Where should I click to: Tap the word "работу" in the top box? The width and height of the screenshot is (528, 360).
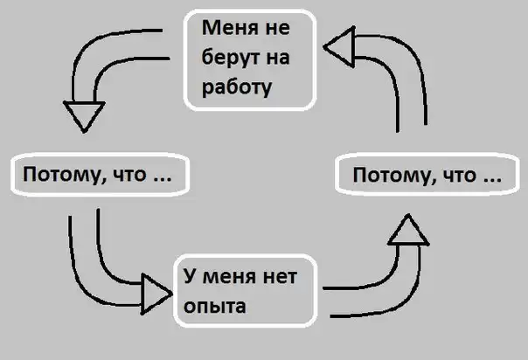(235, 88)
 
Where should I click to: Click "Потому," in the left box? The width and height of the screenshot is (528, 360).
(62, 176)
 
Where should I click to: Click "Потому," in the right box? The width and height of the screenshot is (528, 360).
(388, 176)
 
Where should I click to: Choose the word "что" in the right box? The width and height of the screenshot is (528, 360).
(456, 176)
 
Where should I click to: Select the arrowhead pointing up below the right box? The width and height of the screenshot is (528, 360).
(406, 231)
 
